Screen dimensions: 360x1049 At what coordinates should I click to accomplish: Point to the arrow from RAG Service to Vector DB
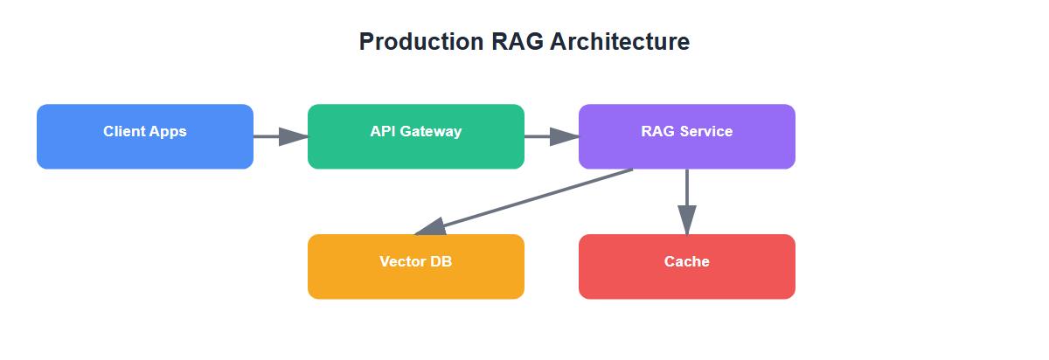pos(533,199)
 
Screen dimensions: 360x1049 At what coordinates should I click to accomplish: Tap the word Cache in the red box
pos(686,262)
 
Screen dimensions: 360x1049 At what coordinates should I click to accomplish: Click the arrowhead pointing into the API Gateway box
pos(295,136)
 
